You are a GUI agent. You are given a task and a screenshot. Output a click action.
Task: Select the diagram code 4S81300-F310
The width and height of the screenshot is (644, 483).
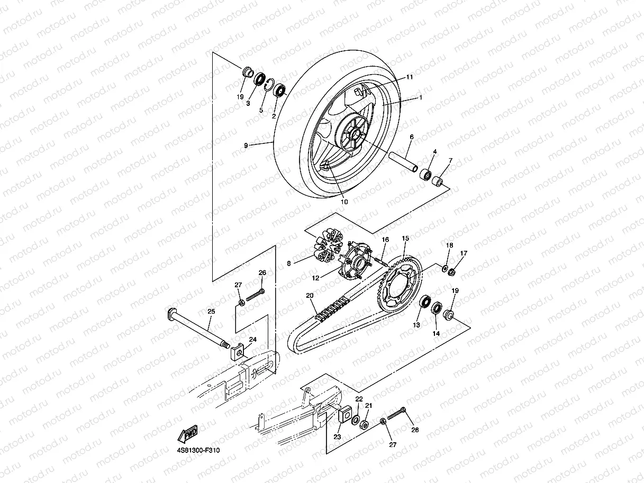(198, 451)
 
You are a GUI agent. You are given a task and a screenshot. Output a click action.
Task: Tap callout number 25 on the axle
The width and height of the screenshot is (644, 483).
(211, 312)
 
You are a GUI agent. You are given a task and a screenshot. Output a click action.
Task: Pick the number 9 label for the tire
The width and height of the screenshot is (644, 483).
(246, 145)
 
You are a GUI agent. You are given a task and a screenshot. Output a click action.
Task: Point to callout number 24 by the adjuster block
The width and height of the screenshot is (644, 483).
(252, 340)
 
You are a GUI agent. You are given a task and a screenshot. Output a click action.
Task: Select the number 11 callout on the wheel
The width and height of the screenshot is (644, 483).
(410, 77)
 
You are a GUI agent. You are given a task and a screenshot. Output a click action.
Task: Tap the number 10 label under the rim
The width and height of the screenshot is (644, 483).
(344, 202)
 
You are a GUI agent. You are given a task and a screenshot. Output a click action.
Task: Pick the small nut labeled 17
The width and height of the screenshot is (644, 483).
(452, 272)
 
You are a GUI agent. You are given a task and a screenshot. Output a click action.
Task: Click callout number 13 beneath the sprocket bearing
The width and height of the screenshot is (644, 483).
(416, 325)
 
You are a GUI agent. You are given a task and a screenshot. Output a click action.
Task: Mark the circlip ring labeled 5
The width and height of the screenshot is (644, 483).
(268, 86)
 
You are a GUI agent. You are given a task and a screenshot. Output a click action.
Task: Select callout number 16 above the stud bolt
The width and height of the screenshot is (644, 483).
(385, 240)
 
